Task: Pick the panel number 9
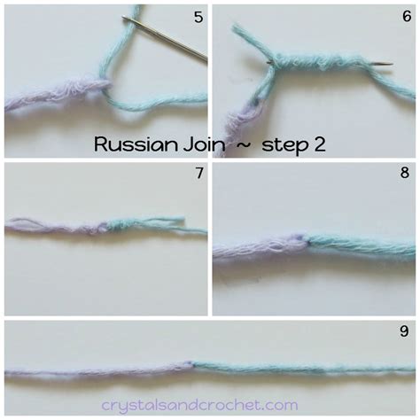[x=404, y=331]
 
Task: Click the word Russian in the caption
[x=129, y=144]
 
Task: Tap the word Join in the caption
[x=200, y=144]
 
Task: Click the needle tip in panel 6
[x=389, y=63]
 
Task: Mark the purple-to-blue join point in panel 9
[x=191, y=363]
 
